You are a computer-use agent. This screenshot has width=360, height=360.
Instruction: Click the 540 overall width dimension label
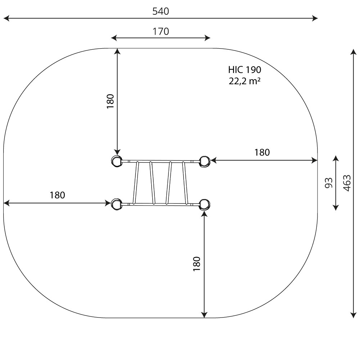161,11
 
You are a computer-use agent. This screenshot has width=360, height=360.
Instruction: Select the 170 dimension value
161,31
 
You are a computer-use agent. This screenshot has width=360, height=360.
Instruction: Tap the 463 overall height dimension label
347,183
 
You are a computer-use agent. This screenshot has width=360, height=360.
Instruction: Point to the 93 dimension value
329,183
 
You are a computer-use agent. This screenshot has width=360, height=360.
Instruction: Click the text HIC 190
244,70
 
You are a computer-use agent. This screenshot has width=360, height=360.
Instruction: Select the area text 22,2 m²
244,81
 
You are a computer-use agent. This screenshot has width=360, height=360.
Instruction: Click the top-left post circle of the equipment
116,161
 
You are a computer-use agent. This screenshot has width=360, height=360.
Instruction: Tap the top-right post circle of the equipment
204,161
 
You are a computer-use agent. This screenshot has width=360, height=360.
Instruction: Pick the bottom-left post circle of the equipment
116,204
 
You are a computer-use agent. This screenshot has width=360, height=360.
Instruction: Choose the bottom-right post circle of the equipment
204,204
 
